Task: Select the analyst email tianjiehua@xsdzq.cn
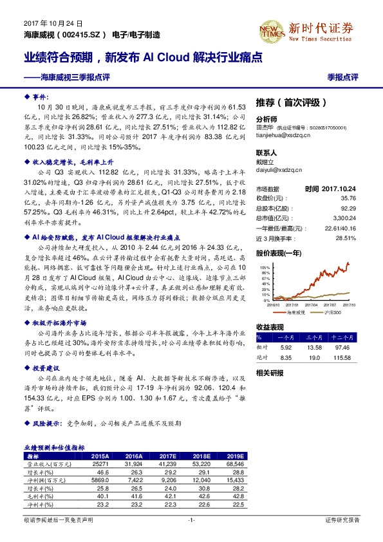tap(284, 135)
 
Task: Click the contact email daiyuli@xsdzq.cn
tap(278, 171)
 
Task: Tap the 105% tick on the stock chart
tap(265, 266)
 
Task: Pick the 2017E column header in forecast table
tap(167, 454)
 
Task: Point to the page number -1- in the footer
tap(191, 519)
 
